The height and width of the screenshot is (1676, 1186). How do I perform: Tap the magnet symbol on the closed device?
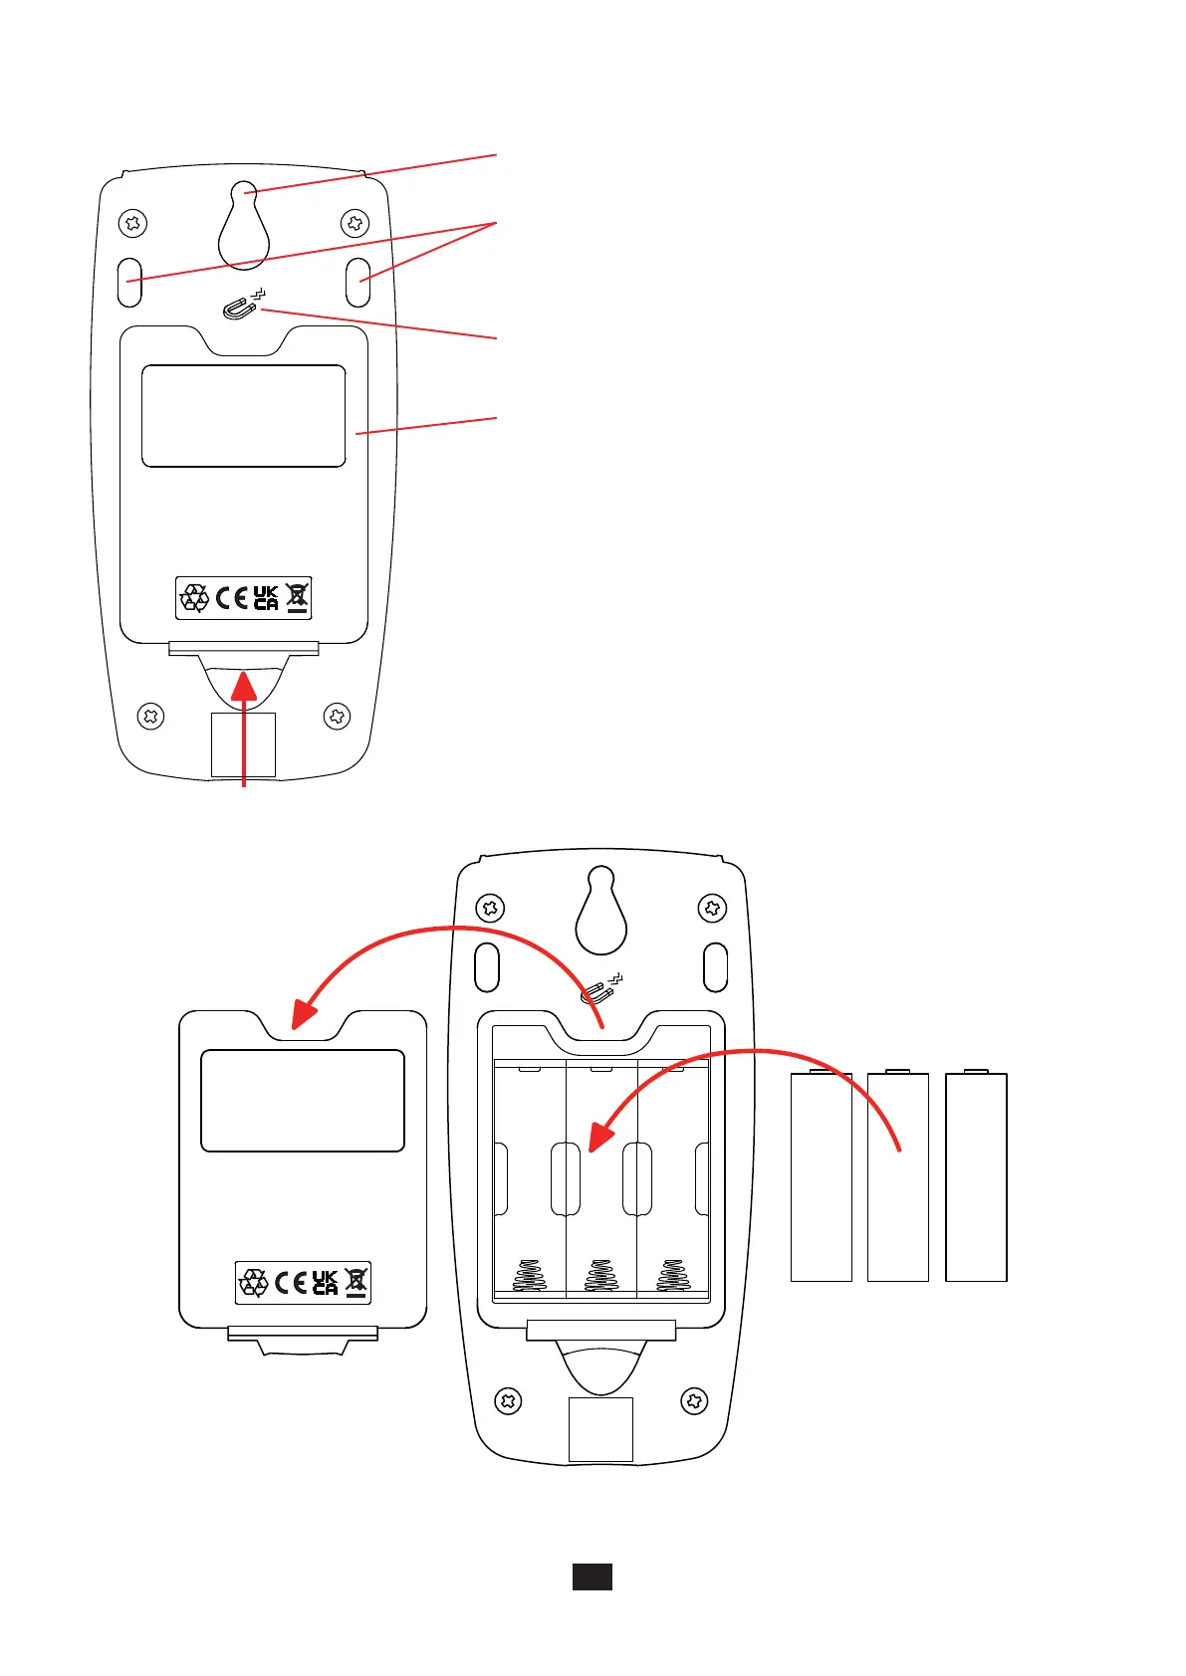click(240, 308)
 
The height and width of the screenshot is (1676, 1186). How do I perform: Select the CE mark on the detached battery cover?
click(291, 1283)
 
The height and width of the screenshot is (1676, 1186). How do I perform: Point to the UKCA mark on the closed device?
click(266, 597)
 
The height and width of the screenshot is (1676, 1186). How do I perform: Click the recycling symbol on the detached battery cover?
click(254, 1283)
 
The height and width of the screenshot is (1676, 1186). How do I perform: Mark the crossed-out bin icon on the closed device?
click(298, 597)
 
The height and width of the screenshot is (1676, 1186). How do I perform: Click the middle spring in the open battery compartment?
click(600, 1275)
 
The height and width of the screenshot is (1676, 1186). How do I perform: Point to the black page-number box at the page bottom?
click(592, 1576)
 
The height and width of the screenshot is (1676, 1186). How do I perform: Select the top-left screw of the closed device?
click(132, 224)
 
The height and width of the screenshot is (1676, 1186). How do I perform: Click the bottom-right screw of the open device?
click(694, 1401)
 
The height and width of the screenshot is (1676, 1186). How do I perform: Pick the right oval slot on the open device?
click(716, 967)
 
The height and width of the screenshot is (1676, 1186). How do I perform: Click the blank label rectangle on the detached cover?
click(303, 1100)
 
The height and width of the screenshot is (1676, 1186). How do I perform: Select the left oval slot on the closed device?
click(130, 282)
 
